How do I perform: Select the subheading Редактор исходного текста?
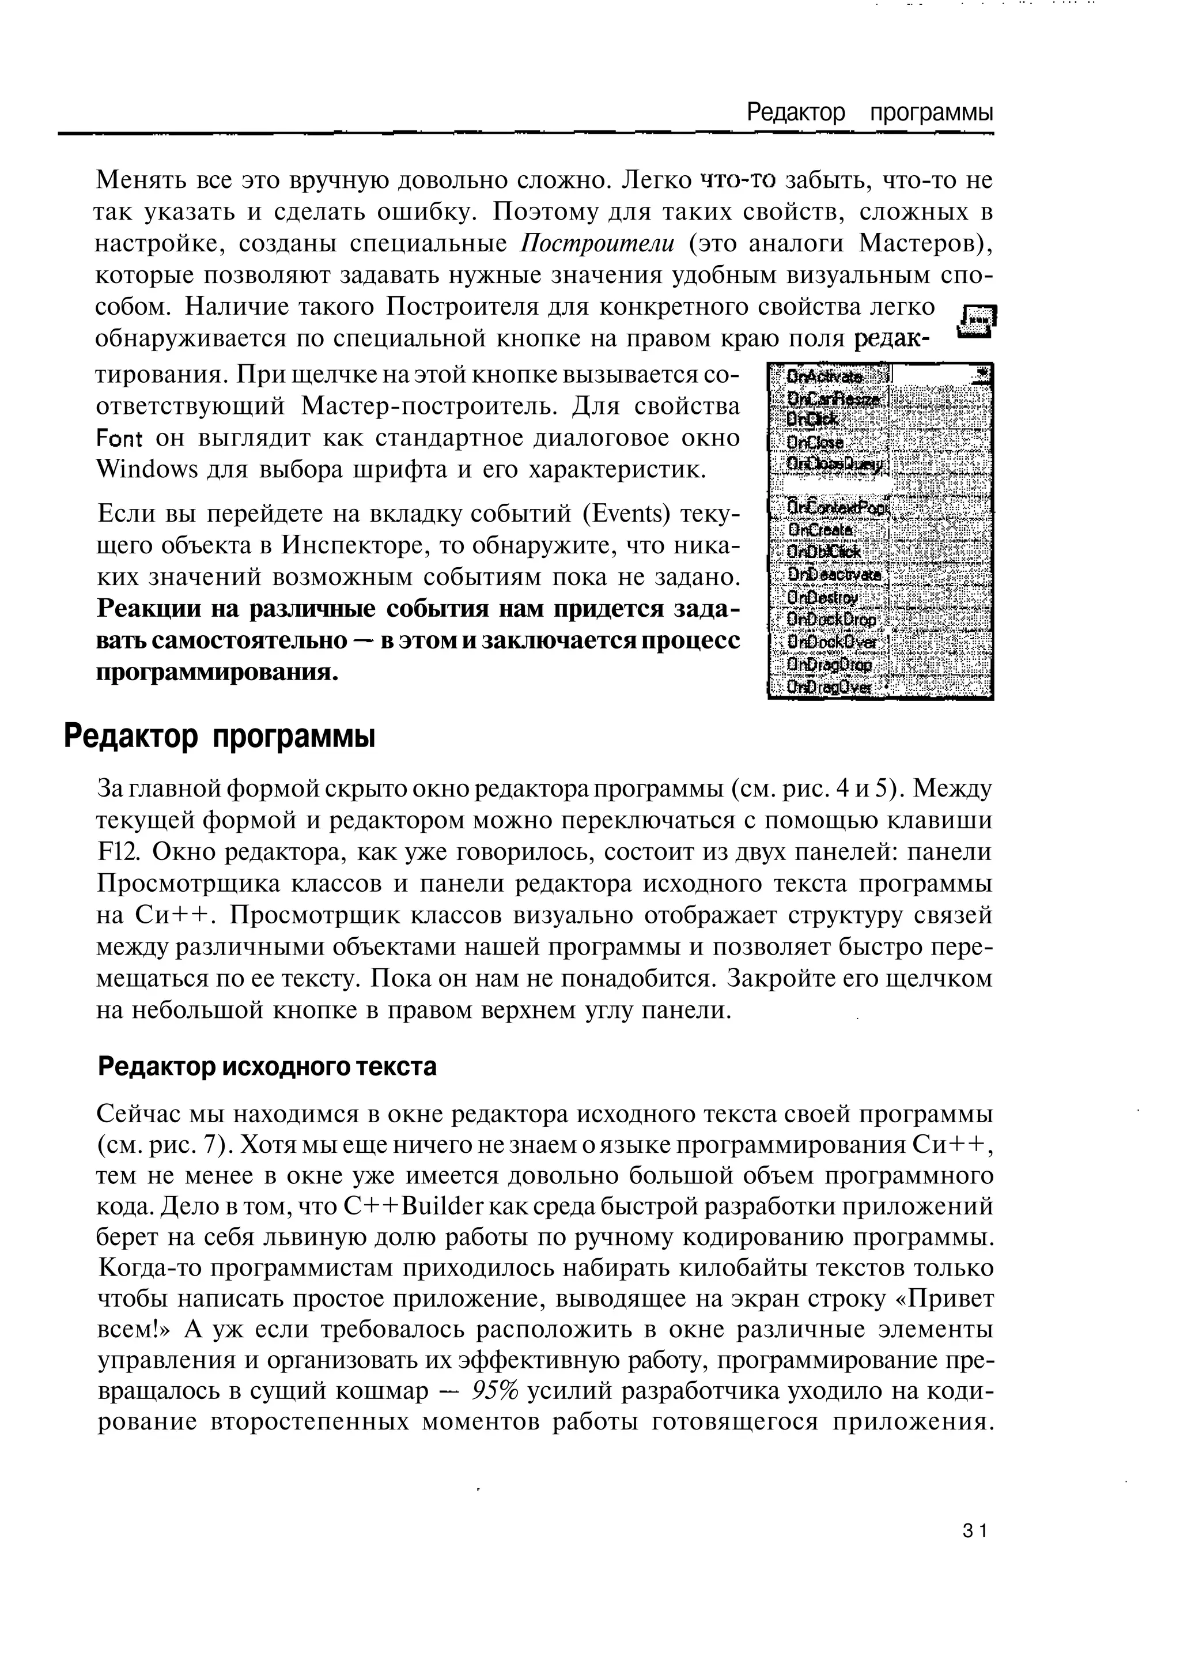(x=267, y=1067)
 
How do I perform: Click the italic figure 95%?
(x=495, y=1390)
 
